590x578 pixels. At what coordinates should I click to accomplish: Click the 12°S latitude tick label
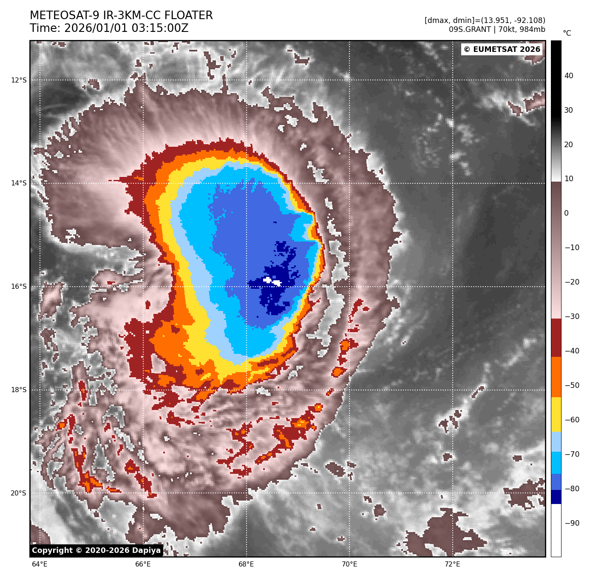click(x=19, y=80)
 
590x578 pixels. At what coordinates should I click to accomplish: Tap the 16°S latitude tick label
click(x=19, y=287)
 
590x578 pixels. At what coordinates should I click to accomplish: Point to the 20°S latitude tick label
click(x=19, y=493)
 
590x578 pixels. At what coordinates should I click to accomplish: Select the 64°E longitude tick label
click(x=40, y=564)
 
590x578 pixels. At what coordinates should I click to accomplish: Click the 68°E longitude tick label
click(x=246, y=564)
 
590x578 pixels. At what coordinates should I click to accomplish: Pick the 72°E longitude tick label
click(x=452, y=564)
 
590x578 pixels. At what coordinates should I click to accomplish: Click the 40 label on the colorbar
click(x=569, y=76)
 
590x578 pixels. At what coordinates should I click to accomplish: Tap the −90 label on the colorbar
click(x=572, y=523)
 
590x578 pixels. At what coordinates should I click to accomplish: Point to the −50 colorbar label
click(x=572, y=385)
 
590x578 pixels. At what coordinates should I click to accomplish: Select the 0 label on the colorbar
click(x=566, y=213)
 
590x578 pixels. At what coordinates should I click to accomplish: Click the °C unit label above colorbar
click(x=567, y=33)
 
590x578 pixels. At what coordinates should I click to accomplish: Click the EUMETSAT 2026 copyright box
click(x=502, y=49)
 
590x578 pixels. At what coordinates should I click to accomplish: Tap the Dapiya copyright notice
click(x=96, y=550)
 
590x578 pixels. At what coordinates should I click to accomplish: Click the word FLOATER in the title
click(x=188, y=16)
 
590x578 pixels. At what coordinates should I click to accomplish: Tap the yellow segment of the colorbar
click(x=556, y=415)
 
